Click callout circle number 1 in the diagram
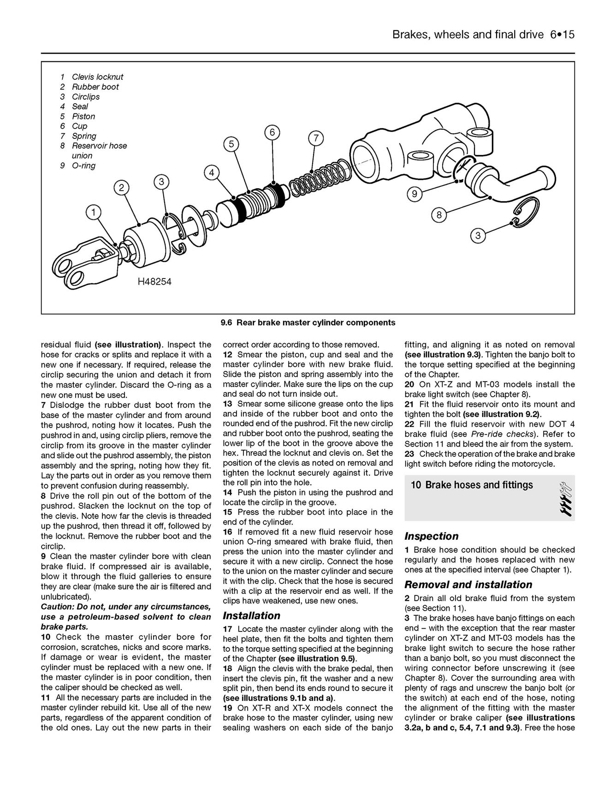93,212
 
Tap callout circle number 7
315,138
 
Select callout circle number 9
414,194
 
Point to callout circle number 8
439,214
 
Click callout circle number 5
231,144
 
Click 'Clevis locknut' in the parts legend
97,77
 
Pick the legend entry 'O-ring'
83,166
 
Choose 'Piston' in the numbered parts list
83,116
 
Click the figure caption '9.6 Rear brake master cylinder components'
308,323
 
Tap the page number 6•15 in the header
562,35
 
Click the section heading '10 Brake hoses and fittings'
472,485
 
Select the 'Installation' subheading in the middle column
251,616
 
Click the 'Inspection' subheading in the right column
431,536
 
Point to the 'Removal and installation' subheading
468,584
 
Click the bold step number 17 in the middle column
228,629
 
